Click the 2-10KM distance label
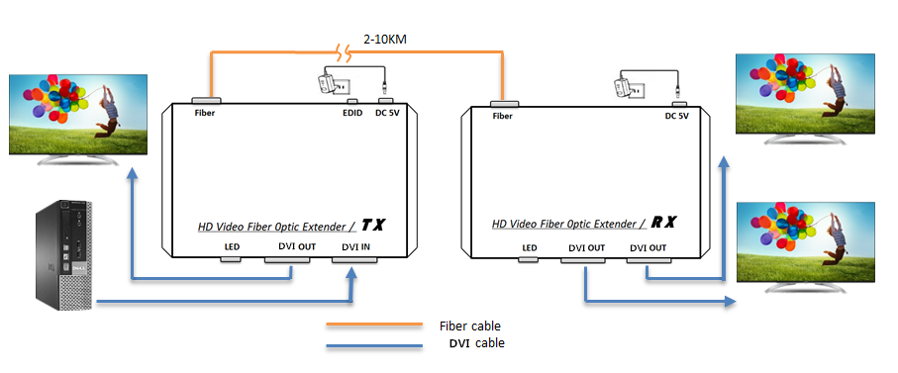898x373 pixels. [x=385, y=40]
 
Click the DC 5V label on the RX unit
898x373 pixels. [x=676, y=116]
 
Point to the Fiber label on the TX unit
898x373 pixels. [x=205, y=113]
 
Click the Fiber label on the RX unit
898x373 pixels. [x=502, y=116]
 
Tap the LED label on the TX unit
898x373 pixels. [x=231, y=247]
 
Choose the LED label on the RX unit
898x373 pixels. [x=529, y=247]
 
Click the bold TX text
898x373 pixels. [x=372, y=225]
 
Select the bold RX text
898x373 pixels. [x=664, y=223]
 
